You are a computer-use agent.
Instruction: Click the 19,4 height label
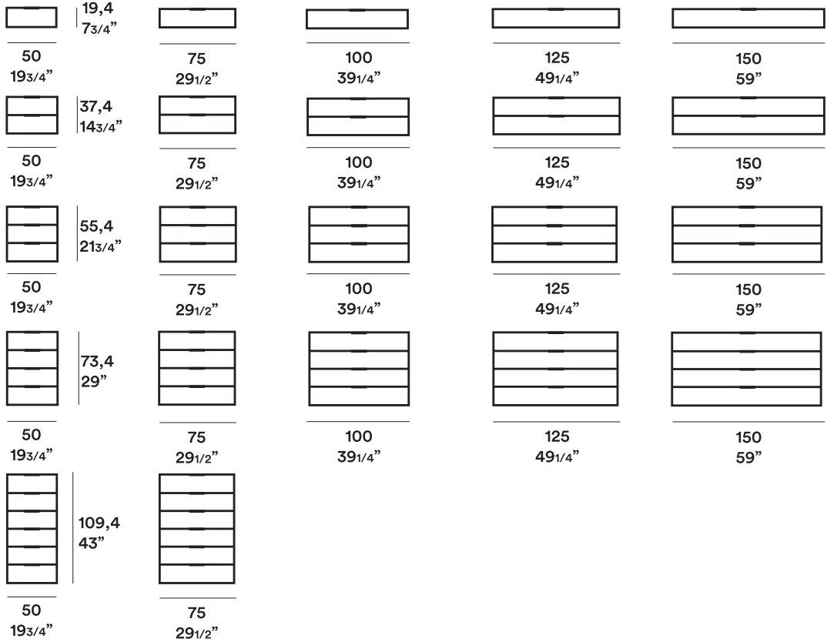(97, 8)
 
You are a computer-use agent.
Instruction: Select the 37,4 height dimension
(96, 106)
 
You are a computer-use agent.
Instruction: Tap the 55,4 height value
(96, 226)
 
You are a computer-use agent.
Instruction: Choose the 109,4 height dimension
(99, 523)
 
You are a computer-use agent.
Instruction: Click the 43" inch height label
(92, 543)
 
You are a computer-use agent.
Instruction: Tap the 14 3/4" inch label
(101, 125)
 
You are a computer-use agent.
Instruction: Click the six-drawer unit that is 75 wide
(197, 528)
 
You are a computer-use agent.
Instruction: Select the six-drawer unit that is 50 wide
(32, 528)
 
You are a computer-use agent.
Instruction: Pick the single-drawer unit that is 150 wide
(747, 18)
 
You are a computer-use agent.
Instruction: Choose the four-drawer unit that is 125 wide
(555, 369)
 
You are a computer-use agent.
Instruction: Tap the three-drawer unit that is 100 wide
(359, 234)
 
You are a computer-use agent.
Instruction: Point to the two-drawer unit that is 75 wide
(197, 115)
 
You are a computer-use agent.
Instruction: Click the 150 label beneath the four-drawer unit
(748, 438)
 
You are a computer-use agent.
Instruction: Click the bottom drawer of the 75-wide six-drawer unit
(197, 574)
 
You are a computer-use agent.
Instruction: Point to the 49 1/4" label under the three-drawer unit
(555, 308)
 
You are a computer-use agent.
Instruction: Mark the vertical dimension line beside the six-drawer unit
(73, 528)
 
